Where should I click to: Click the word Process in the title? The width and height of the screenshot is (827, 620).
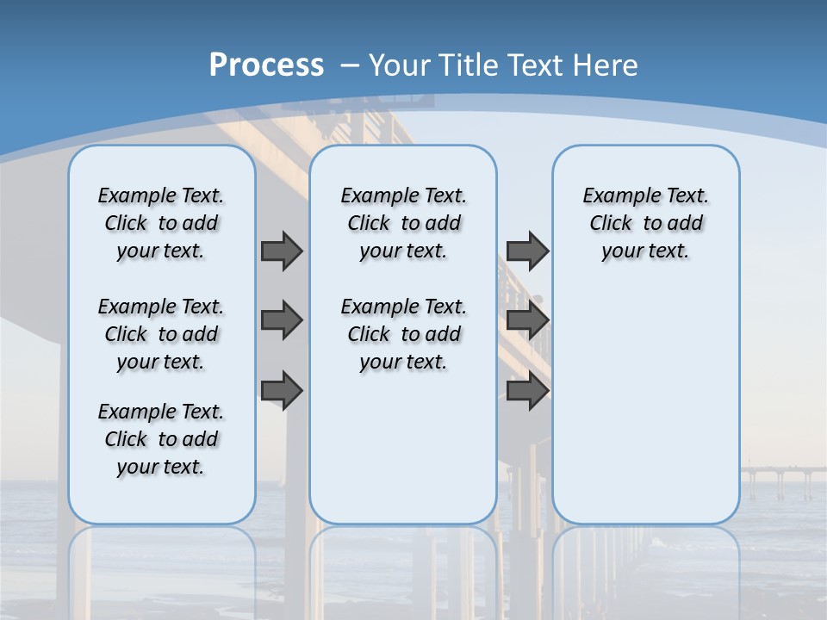coord(266,65)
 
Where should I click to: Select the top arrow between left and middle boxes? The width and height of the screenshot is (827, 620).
coord(282,251)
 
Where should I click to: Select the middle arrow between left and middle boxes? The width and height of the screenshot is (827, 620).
coord(282,320)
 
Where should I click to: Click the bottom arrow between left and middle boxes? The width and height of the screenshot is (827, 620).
coord(282,391)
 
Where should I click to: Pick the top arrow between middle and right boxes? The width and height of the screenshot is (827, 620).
coord(527,251)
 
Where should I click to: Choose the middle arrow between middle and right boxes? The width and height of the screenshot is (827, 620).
coord(527,320)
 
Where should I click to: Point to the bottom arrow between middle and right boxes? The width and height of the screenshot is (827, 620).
coord(527,391)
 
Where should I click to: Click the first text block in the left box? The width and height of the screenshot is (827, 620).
coord(161,223)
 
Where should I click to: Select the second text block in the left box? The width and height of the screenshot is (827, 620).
coord(161,334)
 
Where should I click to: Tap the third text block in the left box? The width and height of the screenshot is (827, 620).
coord(161,439)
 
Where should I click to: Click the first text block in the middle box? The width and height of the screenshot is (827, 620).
coord(403,223)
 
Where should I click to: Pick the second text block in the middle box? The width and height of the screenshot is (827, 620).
coord(403,334)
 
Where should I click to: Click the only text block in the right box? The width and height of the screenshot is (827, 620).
coord(645,223)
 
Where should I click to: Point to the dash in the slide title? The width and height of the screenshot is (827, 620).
coord(349,65)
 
